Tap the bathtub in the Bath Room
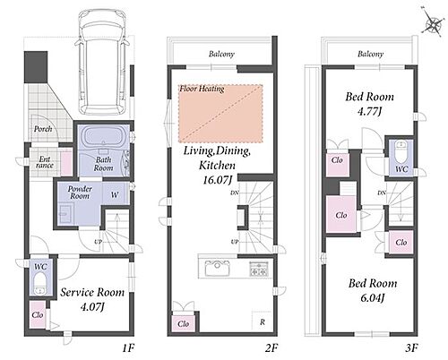pyautogui.click(x=104, y=136)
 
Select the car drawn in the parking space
pyautogui.click(x=101, y=62)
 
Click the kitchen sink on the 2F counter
pyautogui.click(x=218, y=268)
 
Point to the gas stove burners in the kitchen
pyautogui.click(x=259, y=268)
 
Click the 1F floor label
pyautogui.click(x=129, y=347)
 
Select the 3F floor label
pyautogui.click(x=411, y=347)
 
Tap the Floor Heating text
pyautogui.click(x=202, y=89)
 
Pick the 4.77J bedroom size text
pyautogui.click(x=370, y=111)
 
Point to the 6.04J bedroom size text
pyautogui.click(x=373, y=297)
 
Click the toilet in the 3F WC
pyautogui.click(x=400, y=151)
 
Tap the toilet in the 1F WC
pyautogui.click(x=39, y=284)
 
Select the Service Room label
pyautogui.click(x=92, y=292)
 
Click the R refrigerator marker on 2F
pyautogui.click(x=263, y=322)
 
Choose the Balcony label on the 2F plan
pyautogui.click(x=221, y=54)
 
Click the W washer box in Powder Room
pyautogui.click(x=115, y=194)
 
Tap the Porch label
pyautogui.click(x=43, y=129)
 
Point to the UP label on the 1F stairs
pyautogui.click(x=99, y=242)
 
